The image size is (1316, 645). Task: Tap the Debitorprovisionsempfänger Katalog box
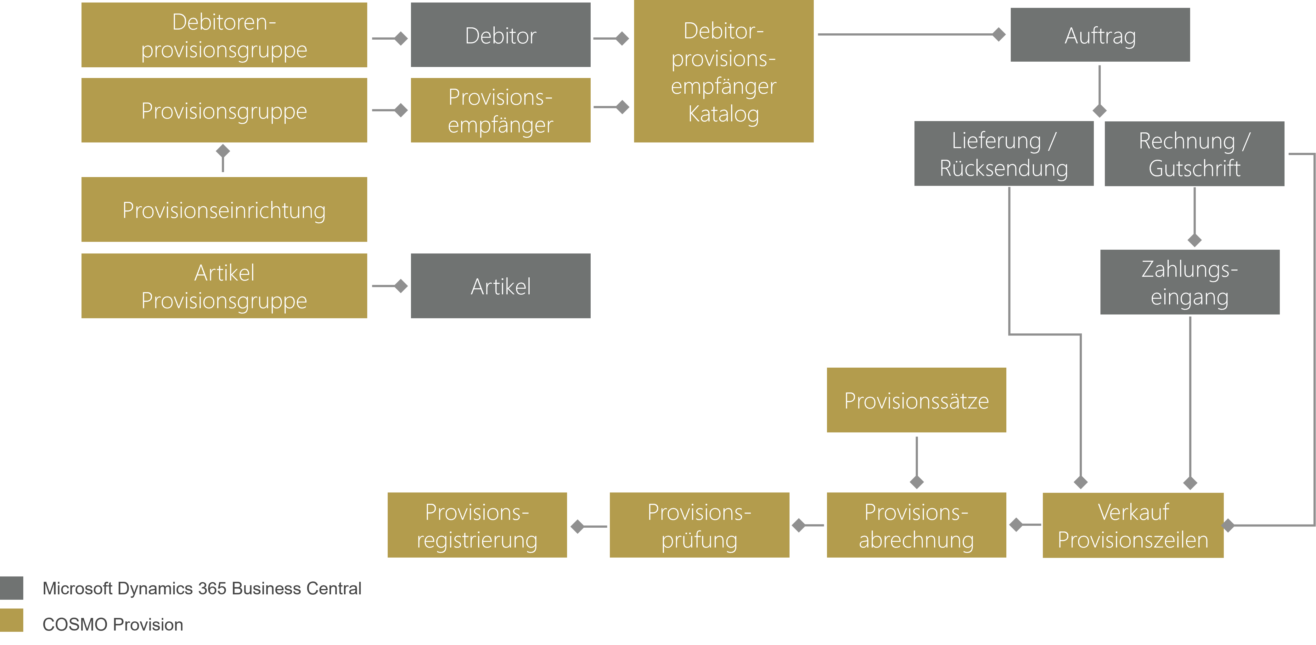(723, 71)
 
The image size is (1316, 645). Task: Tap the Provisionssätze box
(916, 400)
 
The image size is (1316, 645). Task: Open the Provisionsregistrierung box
(477, 525)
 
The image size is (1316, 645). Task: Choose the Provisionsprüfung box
(699, 525)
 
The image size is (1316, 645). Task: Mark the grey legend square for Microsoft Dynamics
(11, 588)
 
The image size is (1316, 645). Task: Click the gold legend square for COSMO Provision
(11, 620)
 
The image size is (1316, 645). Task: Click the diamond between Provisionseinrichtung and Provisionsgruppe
(223, 151)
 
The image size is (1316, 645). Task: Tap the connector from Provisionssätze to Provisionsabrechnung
(916, 460)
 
